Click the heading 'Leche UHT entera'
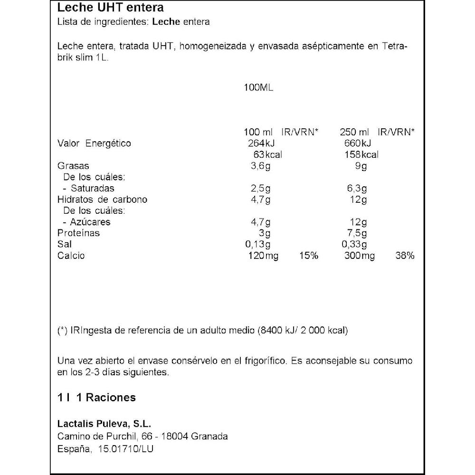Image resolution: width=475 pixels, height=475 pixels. [x=110, y=8]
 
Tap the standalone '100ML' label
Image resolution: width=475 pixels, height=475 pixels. [x=258, y=88]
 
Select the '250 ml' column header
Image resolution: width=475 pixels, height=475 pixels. [x=355, y=132]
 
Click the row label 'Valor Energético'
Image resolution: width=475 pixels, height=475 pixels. [x=94, y=143]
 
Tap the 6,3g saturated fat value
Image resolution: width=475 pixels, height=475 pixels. [x=357, y=189]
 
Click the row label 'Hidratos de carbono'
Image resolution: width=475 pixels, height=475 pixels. [x=102, y=199]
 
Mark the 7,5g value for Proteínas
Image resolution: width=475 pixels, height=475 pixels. [x=357, y=233]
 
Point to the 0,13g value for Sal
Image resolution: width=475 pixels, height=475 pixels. [x=258, y=245]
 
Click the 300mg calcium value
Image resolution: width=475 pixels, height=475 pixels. [x=359, y=256]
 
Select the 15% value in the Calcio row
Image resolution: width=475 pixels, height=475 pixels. [x=309, y=256]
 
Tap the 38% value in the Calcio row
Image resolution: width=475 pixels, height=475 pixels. [x=405, y=256]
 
